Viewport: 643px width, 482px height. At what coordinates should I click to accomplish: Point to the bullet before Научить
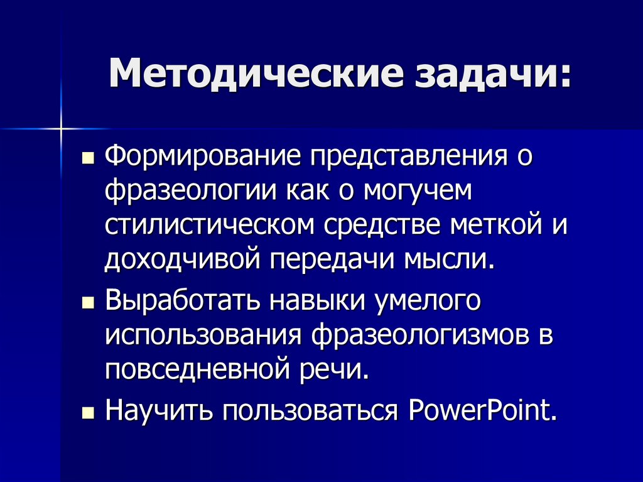click(x=88, y=414)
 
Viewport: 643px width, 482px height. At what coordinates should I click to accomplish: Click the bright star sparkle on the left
click(x=62, y=129)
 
